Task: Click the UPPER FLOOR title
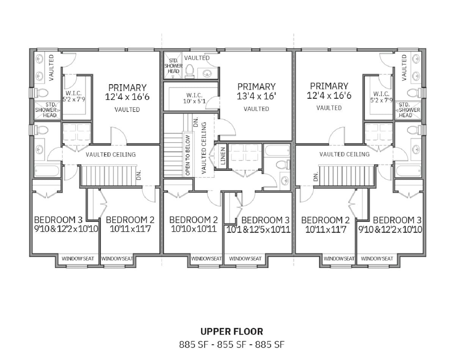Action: pyautogui.click(x=232, y=331)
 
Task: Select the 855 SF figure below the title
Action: pyautogui.click(x=232, y=344)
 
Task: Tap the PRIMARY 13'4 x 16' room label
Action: pyautogui.click(x=256, y=91)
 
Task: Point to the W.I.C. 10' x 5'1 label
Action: pyautogui.click(x=194, y=98)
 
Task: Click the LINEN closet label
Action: pyautogui.click(x=223, y=156)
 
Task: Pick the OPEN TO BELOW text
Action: pyautogui.click(x=187, y=155)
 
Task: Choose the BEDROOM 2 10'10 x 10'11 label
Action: pyautogui.click(x=194, y=224)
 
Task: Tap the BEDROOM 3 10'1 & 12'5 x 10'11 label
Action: pyautogui.click(x=258, y=225)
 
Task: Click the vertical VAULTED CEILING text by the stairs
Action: pyautogui.click(x=204, y=148)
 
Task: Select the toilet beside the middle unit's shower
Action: pyautogui.click(x=189, y=71)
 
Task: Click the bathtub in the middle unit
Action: pyautogui.click(x=277, y=151)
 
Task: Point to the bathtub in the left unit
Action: pyautogui.click(x=46, y=171)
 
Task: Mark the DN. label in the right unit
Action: pyautogui.click(x=316, y=176)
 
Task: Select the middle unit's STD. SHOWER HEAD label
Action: pyautogui.click(x=173, y=66)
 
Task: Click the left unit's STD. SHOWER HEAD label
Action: pyautogui.click(x=46, y=110)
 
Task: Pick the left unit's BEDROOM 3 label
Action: pyautogui.click(x=66, y=224)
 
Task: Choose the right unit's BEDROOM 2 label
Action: pyautogui.click(x=326, y=225)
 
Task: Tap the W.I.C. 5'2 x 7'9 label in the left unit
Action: pyautogui.click(x=74, y=96)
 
